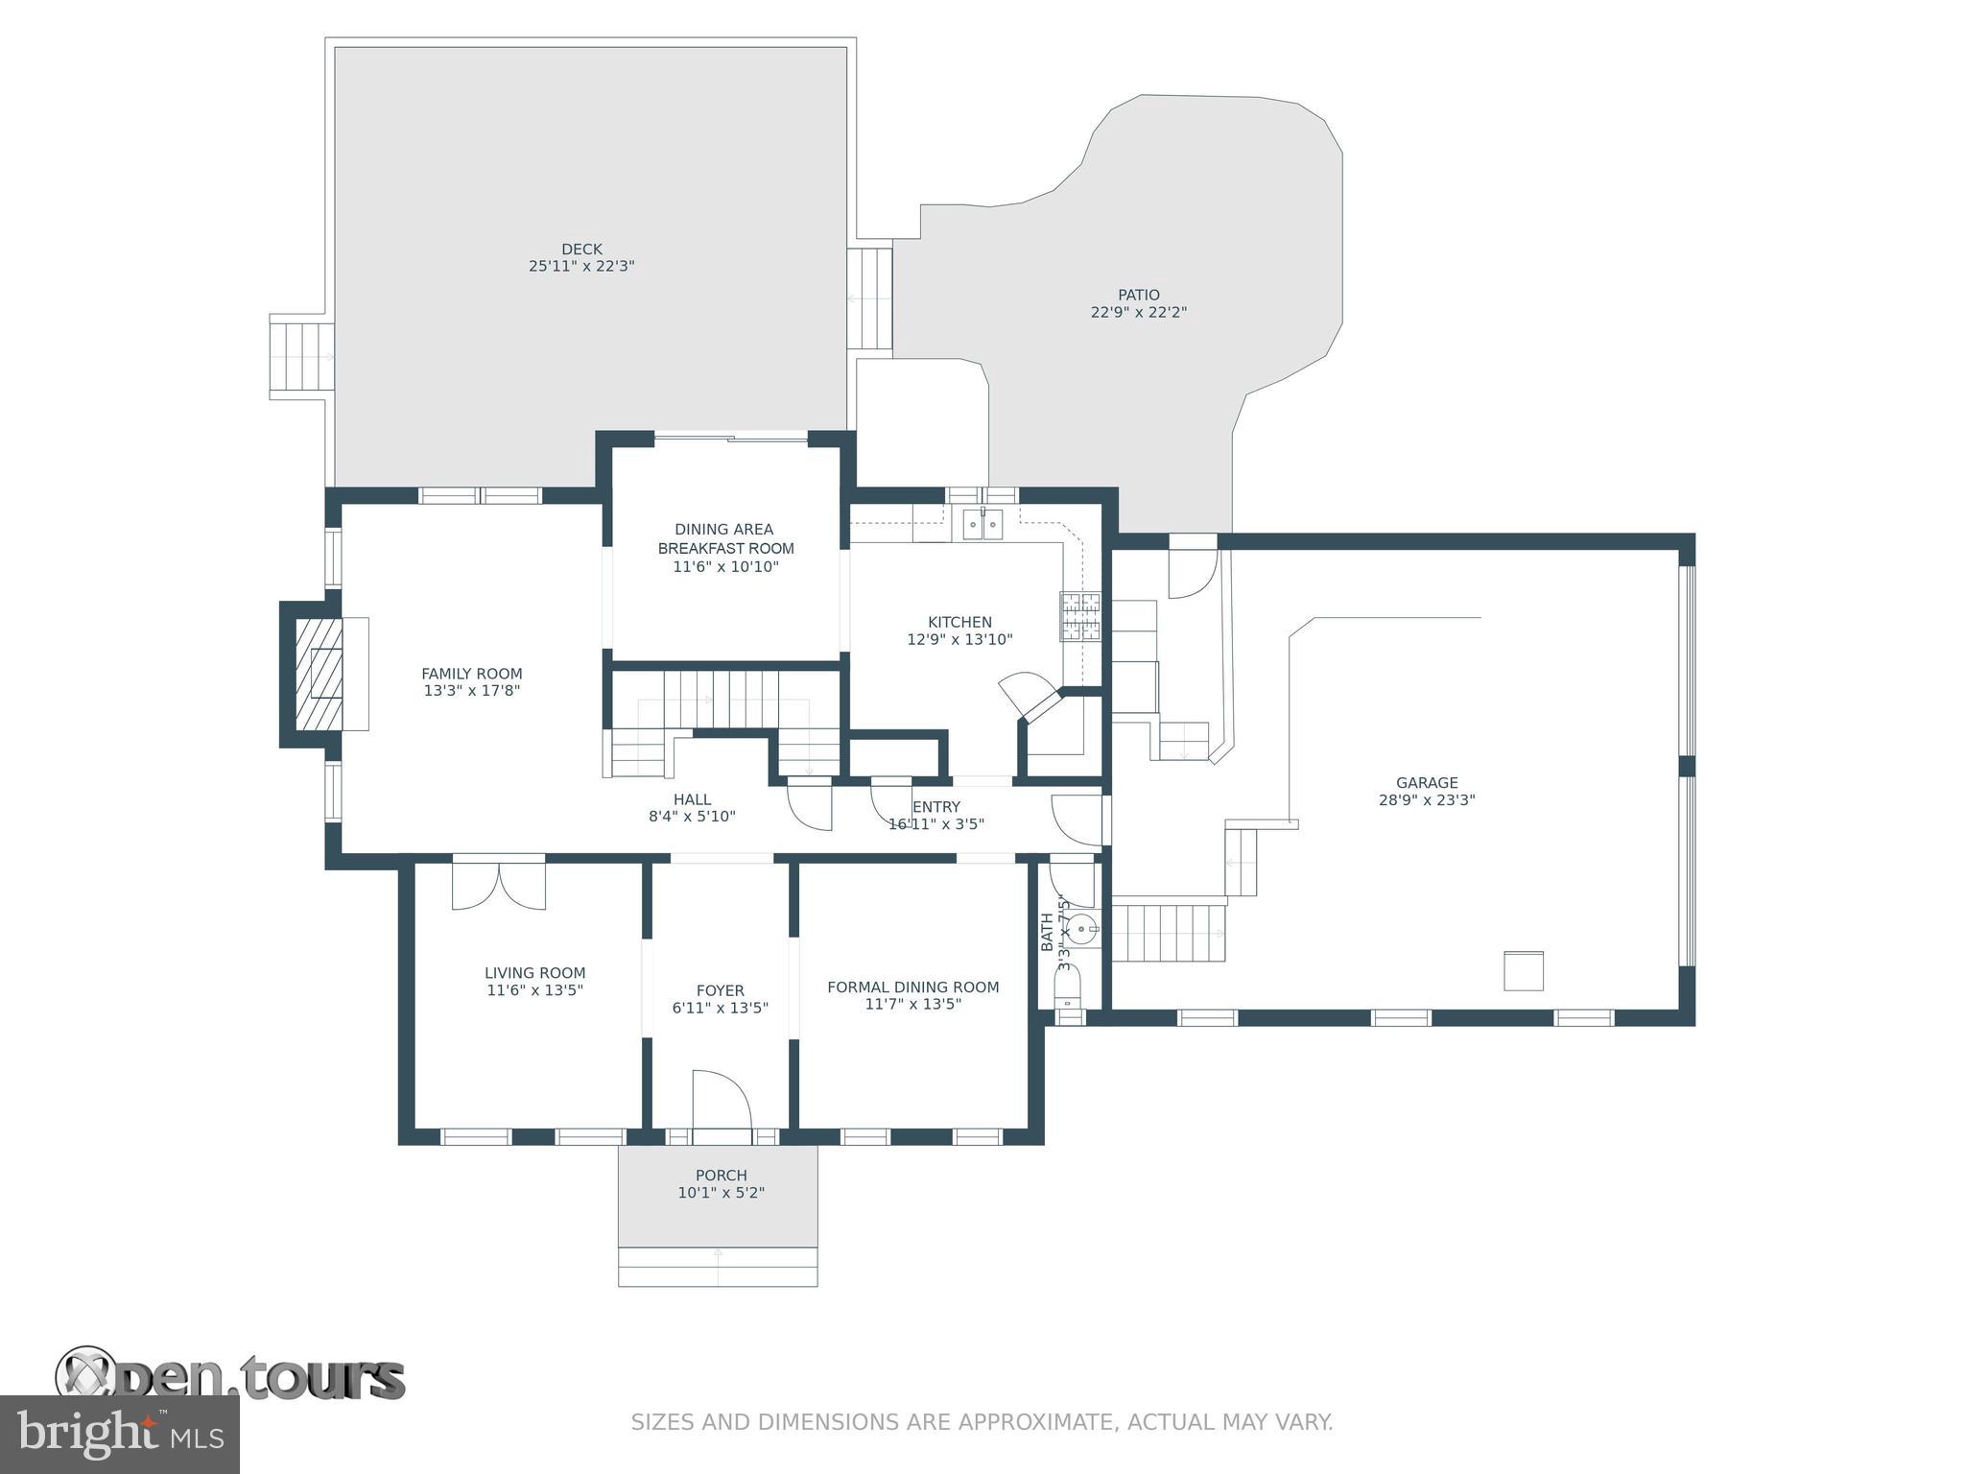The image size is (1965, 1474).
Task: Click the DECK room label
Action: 581,250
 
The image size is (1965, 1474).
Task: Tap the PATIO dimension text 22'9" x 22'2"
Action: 1138,312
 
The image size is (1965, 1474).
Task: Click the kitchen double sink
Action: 982,525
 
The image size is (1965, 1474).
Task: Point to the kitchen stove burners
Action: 1079,616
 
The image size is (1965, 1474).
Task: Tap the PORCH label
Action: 721,1176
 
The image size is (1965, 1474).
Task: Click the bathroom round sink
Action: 1082,929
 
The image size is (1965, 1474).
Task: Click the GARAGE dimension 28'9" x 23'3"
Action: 1426,799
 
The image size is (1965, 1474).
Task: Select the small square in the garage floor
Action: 1523,971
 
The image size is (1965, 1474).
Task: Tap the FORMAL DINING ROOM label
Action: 912,987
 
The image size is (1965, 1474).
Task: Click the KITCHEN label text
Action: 959,622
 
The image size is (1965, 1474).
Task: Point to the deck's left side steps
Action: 301,356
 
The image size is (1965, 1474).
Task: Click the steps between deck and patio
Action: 870,298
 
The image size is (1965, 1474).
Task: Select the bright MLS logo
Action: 120,1434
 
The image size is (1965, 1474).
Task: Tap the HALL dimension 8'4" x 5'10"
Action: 692,817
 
